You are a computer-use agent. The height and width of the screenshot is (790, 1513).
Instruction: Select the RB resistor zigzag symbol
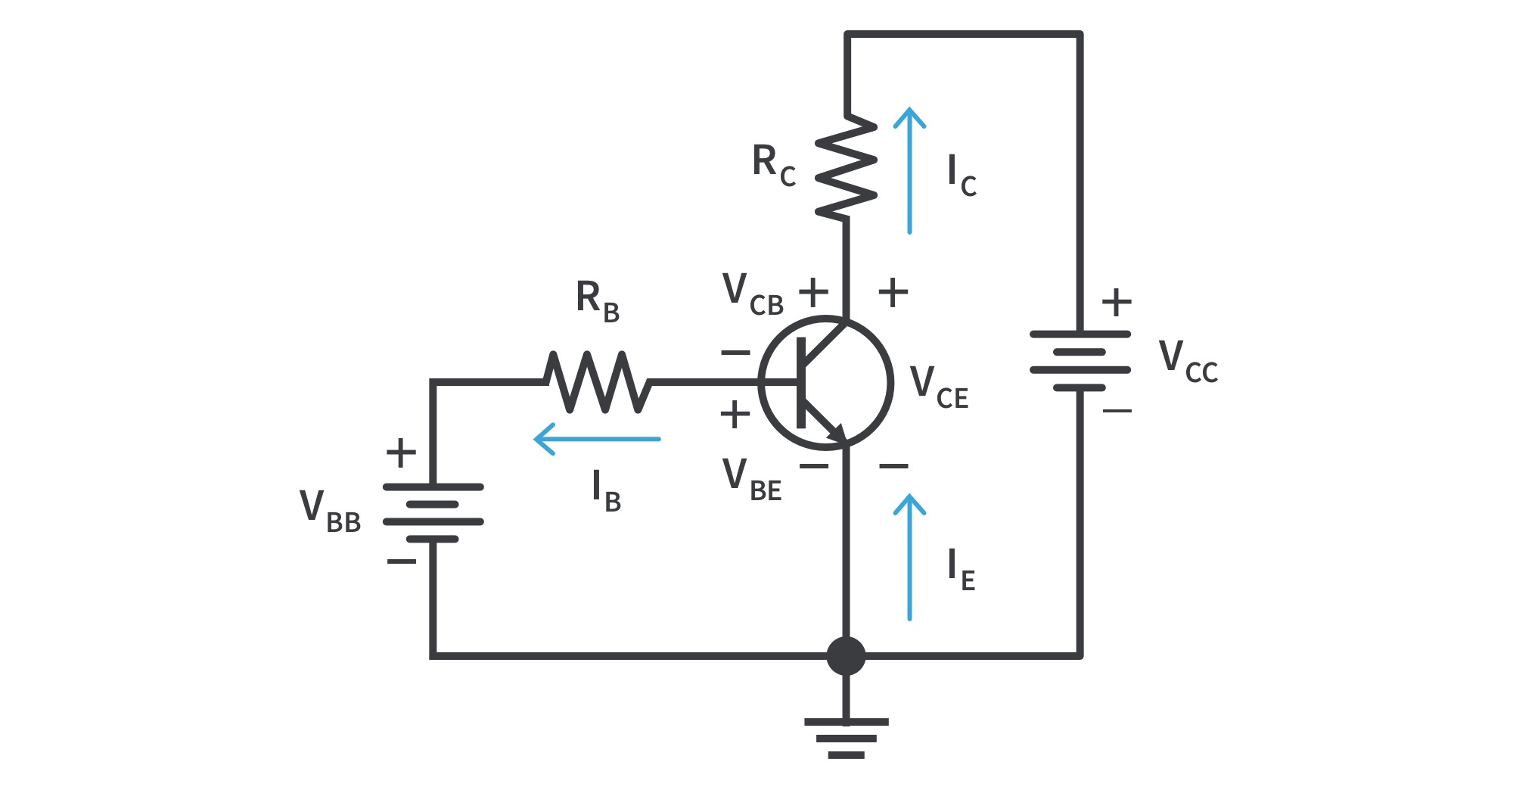[598, 382]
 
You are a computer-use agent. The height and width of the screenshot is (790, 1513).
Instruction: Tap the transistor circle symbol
[826, 382]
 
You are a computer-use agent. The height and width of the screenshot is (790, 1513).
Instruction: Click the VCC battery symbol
[1080, 361]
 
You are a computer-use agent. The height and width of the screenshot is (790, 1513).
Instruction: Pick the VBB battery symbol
[433, 513]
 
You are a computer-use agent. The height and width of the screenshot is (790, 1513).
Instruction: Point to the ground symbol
[846, 737]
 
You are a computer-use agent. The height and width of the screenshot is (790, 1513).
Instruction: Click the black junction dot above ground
[846, 655]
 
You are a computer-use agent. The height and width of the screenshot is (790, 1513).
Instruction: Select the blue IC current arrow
[909, 170]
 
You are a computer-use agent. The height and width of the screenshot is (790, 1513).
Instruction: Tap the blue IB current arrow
[597, 439]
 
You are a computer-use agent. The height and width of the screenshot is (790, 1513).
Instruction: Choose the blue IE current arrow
[909, 558]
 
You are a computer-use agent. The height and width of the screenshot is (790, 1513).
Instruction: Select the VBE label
[751, 480]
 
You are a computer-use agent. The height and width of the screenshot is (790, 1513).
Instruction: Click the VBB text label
[330, 511]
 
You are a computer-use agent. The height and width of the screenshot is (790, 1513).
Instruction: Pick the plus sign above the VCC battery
[1117, 303]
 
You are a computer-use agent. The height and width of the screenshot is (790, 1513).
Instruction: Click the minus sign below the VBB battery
[401, 561]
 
